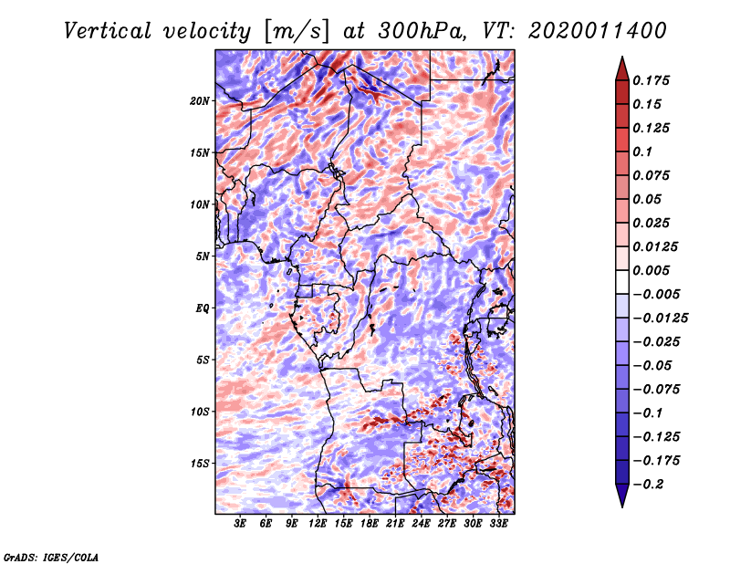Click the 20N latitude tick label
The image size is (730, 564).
[200, 100]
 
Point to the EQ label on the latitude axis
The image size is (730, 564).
[202, 308]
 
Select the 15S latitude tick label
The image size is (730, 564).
[200, 463]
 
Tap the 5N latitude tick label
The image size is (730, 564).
[203, 256]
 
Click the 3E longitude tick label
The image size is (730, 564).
[241, 525]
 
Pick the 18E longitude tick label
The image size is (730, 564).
[370, 525]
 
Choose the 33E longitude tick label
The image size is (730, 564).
[498, 525]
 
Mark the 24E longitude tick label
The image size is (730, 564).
[422, 525]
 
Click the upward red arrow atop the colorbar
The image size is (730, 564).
[621, 67]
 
